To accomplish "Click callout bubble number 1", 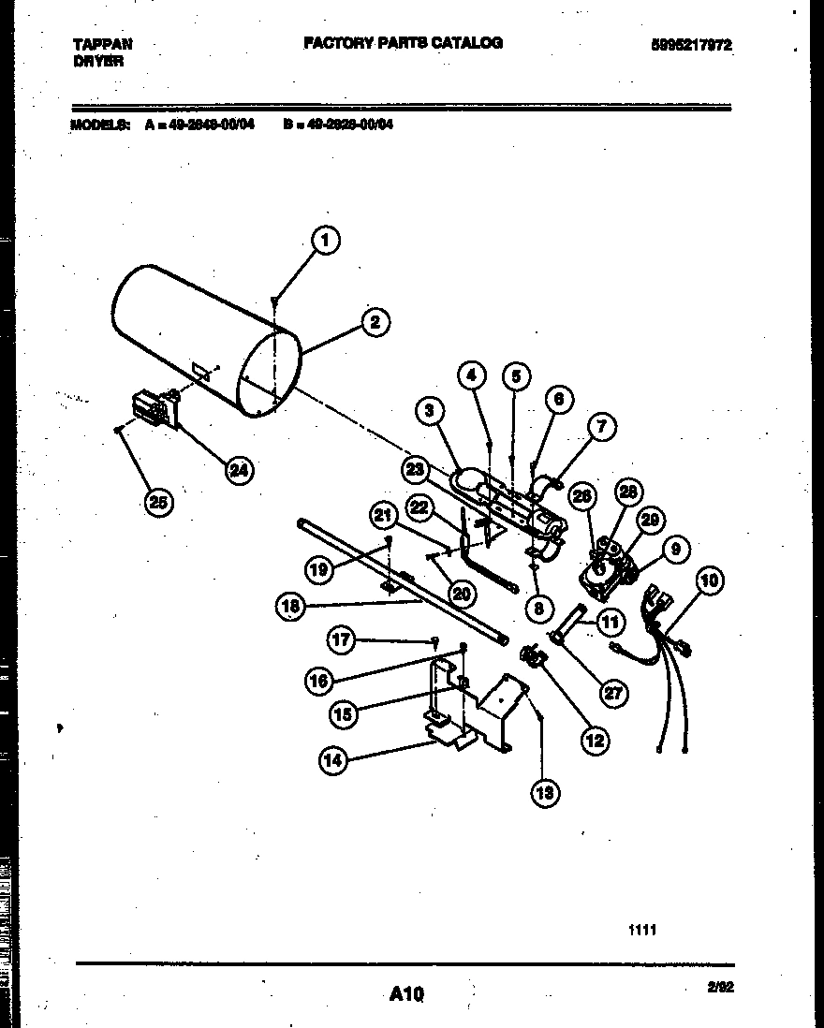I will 324,242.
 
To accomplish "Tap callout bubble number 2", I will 374,323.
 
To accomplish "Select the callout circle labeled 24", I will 240,471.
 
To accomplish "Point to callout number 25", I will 158,503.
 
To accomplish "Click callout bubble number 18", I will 290,607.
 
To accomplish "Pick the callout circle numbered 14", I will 332,760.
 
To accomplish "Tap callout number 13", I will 544,793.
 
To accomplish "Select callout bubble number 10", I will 709,581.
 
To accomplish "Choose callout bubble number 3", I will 429,411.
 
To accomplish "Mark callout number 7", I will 601,428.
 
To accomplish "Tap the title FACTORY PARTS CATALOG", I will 403,43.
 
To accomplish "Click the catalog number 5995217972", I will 693,45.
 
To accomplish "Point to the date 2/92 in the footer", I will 720,986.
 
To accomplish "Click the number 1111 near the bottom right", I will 642,930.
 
